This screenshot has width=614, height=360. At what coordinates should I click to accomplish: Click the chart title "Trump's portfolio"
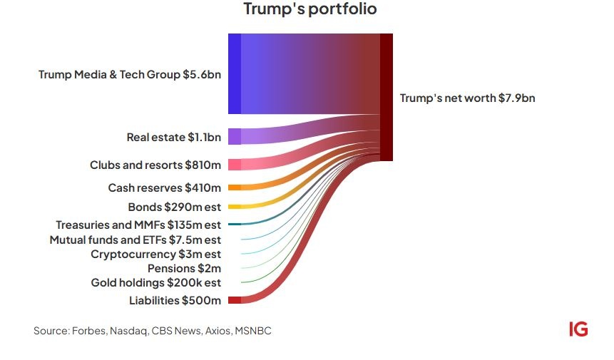coord(309,10)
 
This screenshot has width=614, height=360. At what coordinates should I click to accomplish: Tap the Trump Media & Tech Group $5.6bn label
coord(130,74)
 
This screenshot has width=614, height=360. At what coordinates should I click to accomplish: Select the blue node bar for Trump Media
coord(234,73)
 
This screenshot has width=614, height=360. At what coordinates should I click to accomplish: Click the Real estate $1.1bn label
coord(173,137)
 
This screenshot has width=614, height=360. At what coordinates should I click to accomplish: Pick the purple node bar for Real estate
coord(234,136)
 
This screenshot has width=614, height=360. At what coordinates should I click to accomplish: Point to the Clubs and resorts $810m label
coord(155,165)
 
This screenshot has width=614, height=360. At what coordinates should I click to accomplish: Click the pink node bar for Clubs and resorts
coord(234,165)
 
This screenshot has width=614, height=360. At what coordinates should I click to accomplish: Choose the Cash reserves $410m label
coord(165,188)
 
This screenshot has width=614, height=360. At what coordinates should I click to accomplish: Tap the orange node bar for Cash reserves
coord(234,188)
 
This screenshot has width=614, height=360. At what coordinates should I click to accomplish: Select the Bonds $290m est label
coord(174,207)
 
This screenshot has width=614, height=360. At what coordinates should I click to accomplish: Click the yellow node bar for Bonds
coord(234,207)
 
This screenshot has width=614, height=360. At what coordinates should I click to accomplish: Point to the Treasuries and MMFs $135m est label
coord(138,225)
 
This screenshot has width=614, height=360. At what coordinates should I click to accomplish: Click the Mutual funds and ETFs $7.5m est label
coord(135,240)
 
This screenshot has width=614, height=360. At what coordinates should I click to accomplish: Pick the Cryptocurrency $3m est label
coord(155,254)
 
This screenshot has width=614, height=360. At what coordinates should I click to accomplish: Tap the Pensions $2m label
coord(184,268)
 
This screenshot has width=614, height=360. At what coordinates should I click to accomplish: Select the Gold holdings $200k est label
coord(155,282)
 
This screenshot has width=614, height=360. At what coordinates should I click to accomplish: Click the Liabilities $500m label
coord(175,300)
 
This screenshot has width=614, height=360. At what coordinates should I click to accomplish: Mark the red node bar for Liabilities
coord(234,300)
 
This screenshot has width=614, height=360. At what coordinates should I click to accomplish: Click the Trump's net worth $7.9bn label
coord(467,98)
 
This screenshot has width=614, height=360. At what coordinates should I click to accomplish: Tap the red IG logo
coord(578,329)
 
